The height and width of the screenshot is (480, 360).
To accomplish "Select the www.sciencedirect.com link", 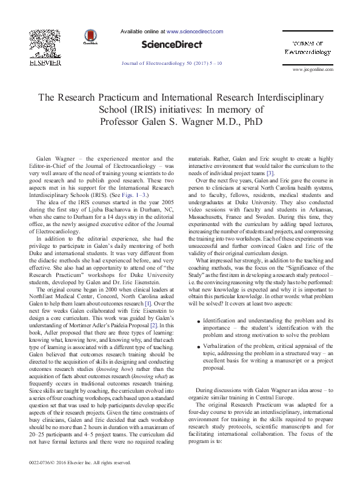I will pos(195,31).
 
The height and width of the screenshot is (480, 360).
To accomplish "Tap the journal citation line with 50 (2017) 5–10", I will pos(172,62).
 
